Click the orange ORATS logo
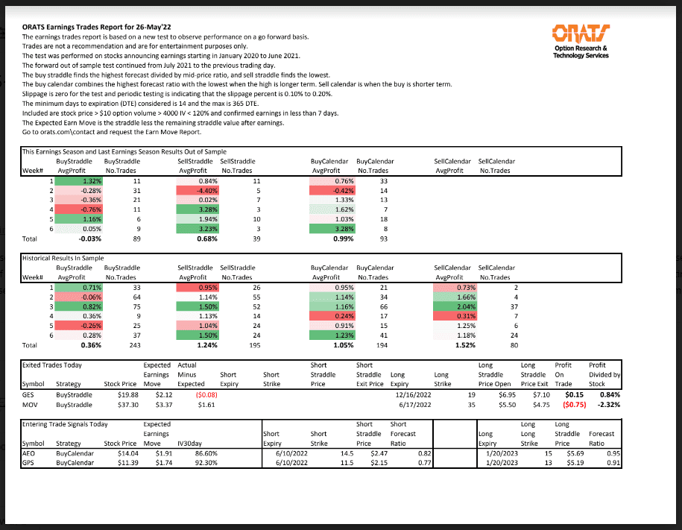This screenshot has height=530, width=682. pos(580,33)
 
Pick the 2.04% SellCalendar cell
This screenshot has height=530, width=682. pos(454,306)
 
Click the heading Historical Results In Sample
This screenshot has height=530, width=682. pos(63,257)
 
